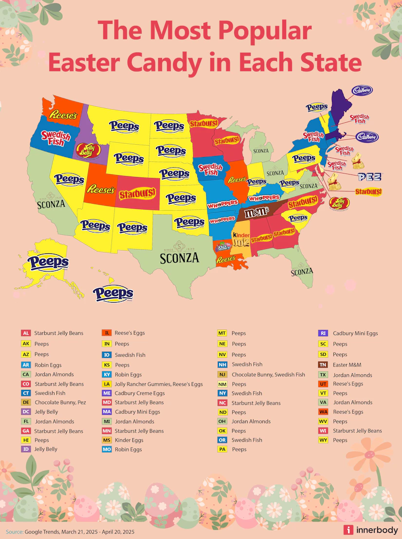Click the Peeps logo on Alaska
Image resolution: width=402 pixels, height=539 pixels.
click(48, 262)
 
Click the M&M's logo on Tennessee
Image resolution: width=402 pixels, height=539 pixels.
click(256, 212)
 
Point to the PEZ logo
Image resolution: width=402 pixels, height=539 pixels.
click(369, 177)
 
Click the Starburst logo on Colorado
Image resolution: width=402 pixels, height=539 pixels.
click(137, 194)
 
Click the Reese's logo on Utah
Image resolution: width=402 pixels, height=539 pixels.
click(101, 189)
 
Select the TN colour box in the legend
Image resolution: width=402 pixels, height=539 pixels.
click(322, 365)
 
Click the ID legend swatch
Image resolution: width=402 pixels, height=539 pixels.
click(26, 449)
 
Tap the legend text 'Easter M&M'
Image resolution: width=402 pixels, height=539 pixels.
click(347, 365)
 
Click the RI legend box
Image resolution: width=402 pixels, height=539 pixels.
click(322, 333)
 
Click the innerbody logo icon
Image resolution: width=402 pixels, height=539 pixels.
click(348, 530)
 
